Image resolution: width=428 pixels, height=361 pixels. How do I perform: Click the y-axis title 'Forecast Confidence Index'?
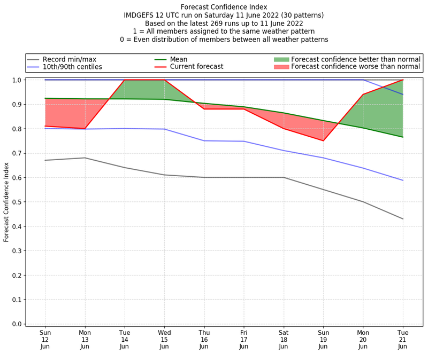[6, 202]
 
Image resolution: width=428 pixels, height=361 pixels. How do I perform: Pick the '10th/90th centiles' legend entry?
[72, 67]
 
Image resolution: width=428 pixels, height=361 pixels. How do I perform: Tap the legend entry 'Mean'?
[178, 59]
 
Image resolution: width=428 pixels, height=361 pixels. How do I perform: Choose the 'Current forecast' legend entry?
[196, 67]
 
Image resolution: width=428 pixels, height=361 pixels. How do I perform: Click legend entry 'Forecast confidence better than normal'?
[355, 59]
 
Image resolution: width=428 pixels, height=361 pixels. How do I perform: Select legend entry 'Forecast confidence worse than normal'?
[355, 67]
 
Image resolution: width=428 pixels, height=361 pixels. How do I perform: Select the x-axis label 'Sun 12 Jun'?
[45, 340]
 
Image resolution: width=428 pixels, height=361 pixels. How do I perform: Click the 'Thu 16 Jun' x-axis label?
[204, 340]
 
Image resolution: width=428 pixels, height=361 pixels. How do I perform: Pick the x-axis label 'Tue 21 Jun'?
[403, 340]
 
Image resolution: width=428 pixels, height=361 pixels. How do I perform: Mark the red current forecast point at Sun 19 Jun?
[323, 140]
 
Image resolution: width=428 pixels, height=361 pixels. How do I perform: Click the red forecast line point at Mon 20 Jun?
[363, 95]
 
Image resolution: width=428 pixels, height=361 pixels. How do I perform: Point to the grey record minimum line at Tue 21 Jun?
[403, 219]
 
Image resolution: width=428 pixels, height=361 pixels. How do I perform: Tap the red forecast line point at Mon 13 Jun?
[85, 129]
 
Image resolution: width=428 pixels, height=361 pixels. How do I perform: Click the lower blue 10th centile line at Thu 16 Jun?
[204, 140]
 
